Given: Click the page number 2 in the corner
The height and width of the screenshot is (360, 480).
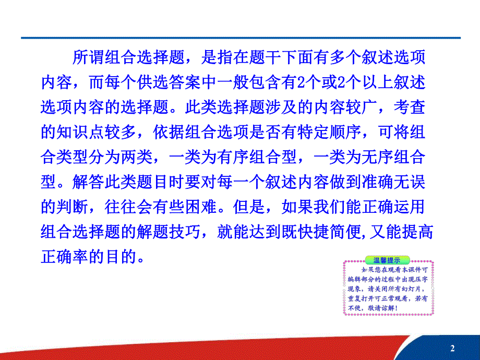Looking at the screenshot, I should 452,348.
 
